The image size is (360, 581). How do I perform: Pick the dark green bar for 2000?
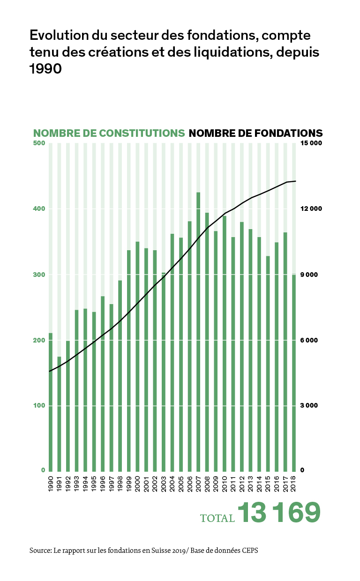137,356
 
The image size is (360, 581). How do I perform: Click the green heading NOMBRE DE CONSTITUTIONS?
109,133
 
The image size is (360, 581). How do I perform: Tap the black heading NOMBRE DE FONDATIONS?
255,133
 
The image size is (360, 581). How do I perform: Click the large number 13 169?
279,513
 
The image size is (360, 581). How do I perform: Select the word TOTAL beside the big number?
217,518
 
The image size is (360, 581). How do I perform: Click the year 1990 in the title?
45,68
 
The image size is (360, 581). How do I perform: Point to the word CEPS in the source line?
248,551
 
